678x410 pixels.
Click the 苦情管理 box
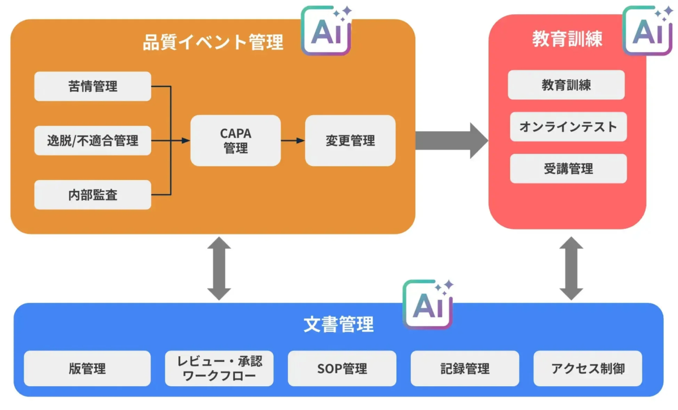tap(92, 86)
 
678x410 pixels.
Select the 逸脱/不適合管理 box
tap(92, 140)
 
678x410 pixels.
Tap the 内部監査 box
tap(92, 195)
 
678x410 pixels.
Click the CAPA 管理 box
tap(235, 140)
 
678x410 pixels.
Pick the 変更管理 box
tap(350, 140)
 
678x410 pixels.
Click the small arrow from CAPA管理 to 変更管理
tap(293, 140)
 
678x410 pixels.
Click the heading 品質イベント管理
tap(213, 42)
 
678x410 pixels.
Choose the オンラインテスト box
tap(568, 127)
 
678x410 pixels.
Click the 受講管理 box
tap(568, 169)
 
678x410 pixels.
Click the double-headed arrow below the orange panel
tap(219, 268)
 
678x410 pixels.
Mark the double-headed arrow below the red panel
tap(571, 268)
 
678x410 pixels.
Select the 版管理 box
tap(87, 369)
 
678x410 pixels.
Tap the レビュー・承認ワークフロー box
tap(220, 369)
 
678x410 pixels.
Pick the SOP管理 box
tap(342, 369)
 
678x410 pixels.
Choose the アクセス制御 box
tap(587, 369)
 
